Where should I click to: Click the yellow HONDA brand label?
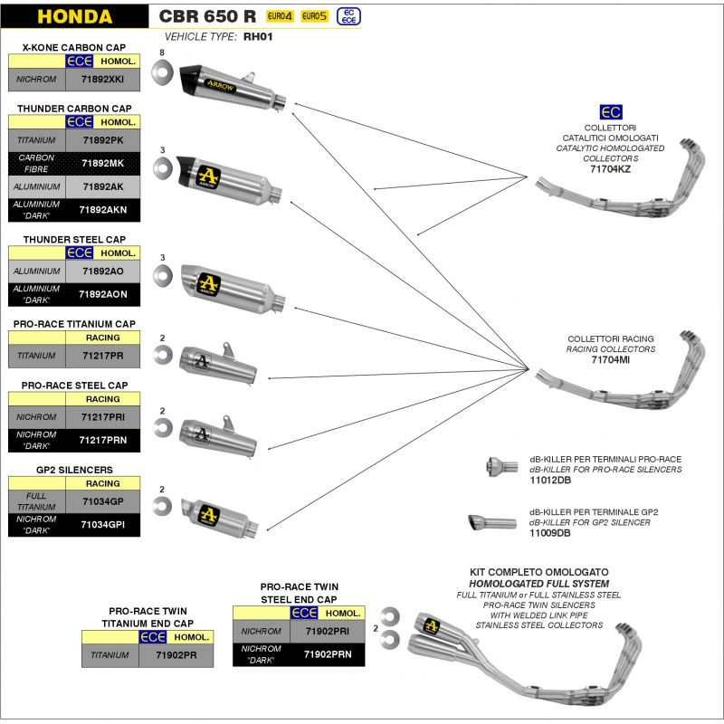pyautogui.click(x=75, y=16)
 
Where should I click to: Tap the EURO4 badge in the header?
pyautogui.click(x=280, y=16)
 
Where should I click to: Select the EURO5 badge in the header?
pyautogui.click(x=314, y=16)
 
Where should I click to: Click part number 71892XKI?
pyautogui.click(x=102, y=80)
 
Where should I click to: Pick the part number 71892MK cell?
pyautogui.click(x=102, y=164)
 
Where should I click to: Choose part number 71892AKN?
pyautogui.click(x=102, y=210)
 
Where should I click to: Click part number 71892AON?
pyautogui.click(x=102, y=294)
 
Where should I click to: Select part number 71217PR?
pyautogui.click(x=102, y=357)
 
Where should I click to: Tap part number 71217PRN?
pyautogui.click(x=102, y=440)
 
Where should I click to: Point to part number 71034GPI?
pyautogui.click(x=102, y=524)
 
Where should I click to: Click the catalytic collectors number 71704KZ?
pyautogui.click(x=610, y=169)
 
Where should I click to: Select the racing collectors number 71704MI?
pyautogui.click(x=610, y=359)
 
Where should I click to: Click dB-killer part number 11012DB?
pyautogui.click(x=550, y=481)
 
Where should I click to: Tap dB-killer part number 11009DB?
pyautogui.click(x=550, y=534)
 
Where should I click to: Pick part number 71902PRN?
pyautogui.click(x=327, y=654)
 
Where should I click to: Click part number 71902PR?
pyautogui.click(x=176, y=654)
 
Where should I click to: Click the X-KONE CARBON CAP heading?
pyautogui.click(x=74, y=46)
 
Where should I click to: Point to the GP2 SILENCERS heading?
pyautogui.click(x=74, y=470)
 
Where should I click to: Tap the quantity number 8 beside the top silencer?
pyautogui.click(x=161, y=55)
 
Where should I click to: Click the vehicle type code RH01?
pyautogui.click(x=258, y=38)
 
